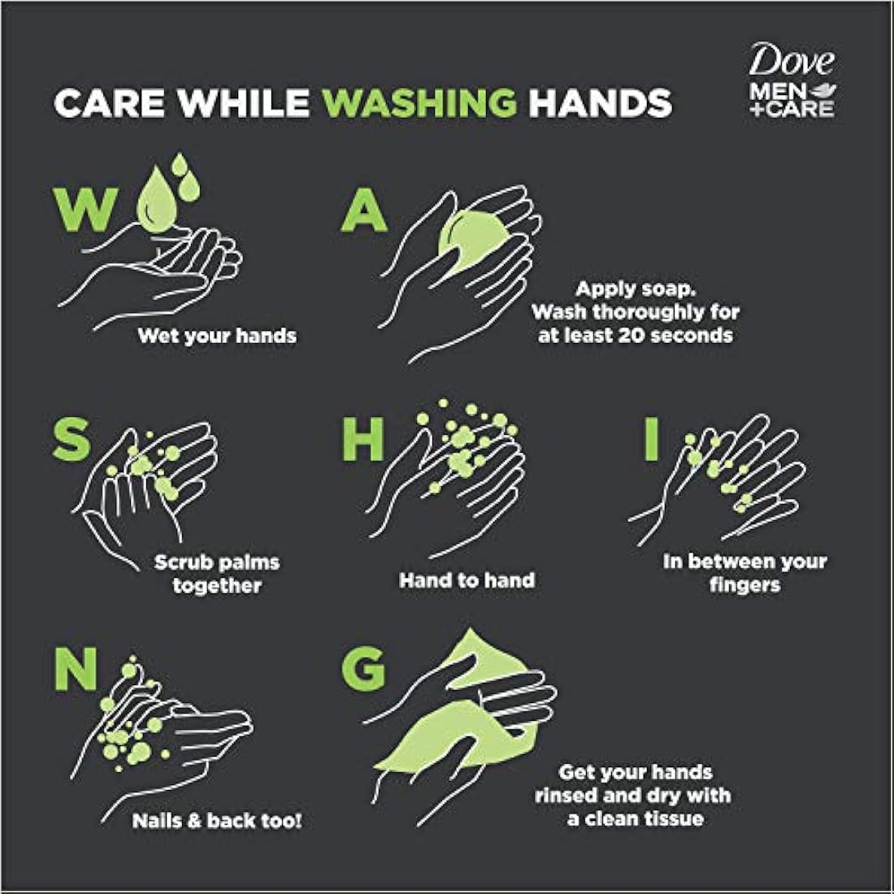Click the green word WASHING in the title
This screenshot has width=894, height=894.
[419, 102]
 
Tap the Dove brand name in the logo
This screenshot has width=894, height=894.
[792, 60]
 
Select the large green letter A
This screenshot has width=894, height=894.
[364, 210]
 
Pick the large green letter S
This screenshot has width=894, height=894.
[72, 438]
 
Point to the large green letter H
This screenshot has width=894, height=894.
[362, 440]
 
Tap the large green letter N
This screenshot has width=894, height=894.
[76, 670]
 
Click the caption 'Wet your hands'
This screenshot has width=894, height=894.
[217, 335]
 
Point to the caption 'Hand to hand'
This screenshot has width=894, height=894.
[467, 579]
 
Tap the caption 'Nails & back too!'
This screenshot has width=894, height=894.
[217, 821]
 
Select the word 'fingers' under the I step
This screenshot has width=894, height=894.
[744, 585]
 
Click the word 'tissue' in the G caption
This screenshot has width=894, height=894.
[674, 818]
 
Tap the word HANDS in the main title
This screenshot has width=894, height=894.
[601, 102]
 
